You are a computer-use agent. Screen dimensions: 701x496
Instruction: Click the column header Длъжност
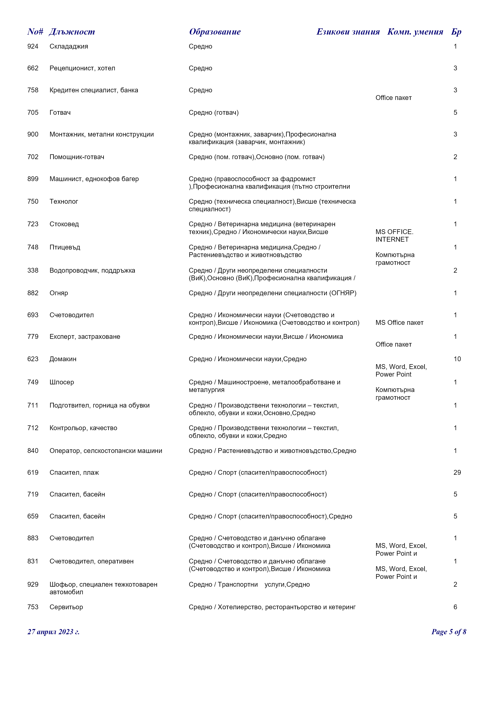tap(72, 32)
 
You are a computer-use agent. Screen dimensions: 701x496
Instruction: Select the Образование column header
tap(215, 32)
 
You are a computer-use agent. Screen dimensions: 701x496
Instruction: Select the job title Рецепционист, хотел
tap(82, 68)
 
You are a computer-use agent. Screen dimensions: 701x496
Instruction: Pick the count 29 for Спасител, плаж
tap(457, 472)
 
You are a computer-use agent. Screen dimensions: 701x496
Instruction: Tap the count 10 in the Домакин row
tap(457, 359)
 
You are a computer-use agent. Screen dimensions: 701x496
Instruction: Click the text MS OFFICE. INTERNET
tap(394, 235)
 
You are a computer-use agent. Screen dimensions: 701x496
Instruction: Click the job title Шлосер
tap(62, 382)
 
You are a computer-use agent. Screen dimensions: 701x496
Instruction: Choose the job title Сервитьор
tap(66, 607)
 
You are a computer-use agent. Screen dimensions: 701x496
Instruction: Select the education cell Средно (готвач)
tap(213, 112)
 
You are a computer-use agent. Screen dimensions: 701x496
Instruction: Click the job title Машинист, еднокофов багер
tap(94, 179)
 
